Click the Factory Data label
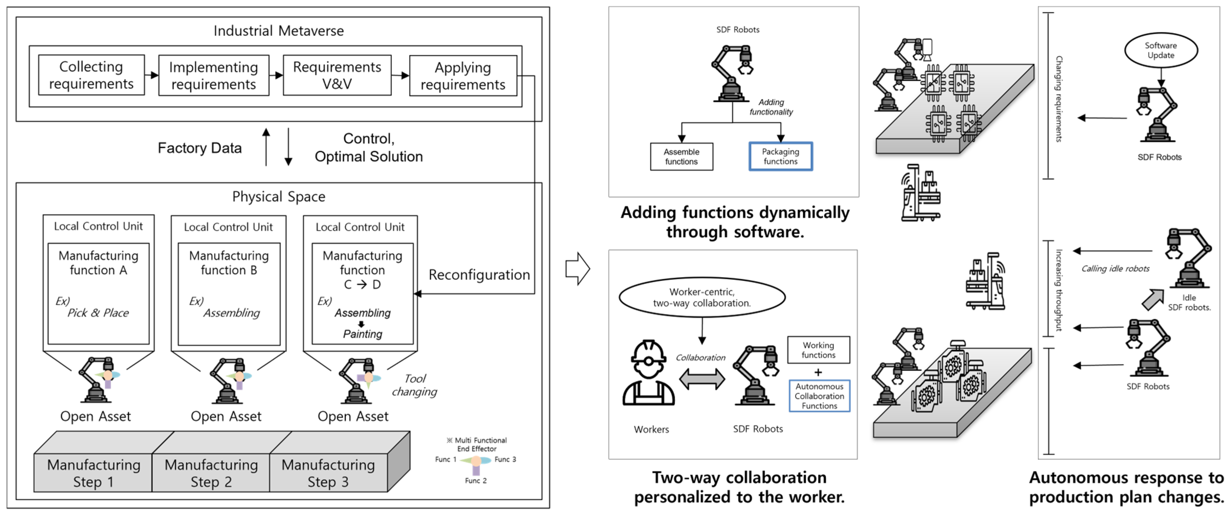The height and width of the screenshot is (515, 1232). (200, 148)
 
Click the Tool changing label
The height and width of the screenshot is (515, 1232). (414, 385)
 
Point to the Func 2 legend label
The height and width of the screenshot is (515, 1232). (475, 481)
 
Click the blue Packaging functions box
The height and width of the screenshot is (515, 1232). (780, 156)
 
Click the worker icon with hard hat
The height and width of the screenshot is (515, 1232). (648, 373)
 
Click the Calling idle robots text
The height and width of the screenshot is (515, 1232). (1115, 269)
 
